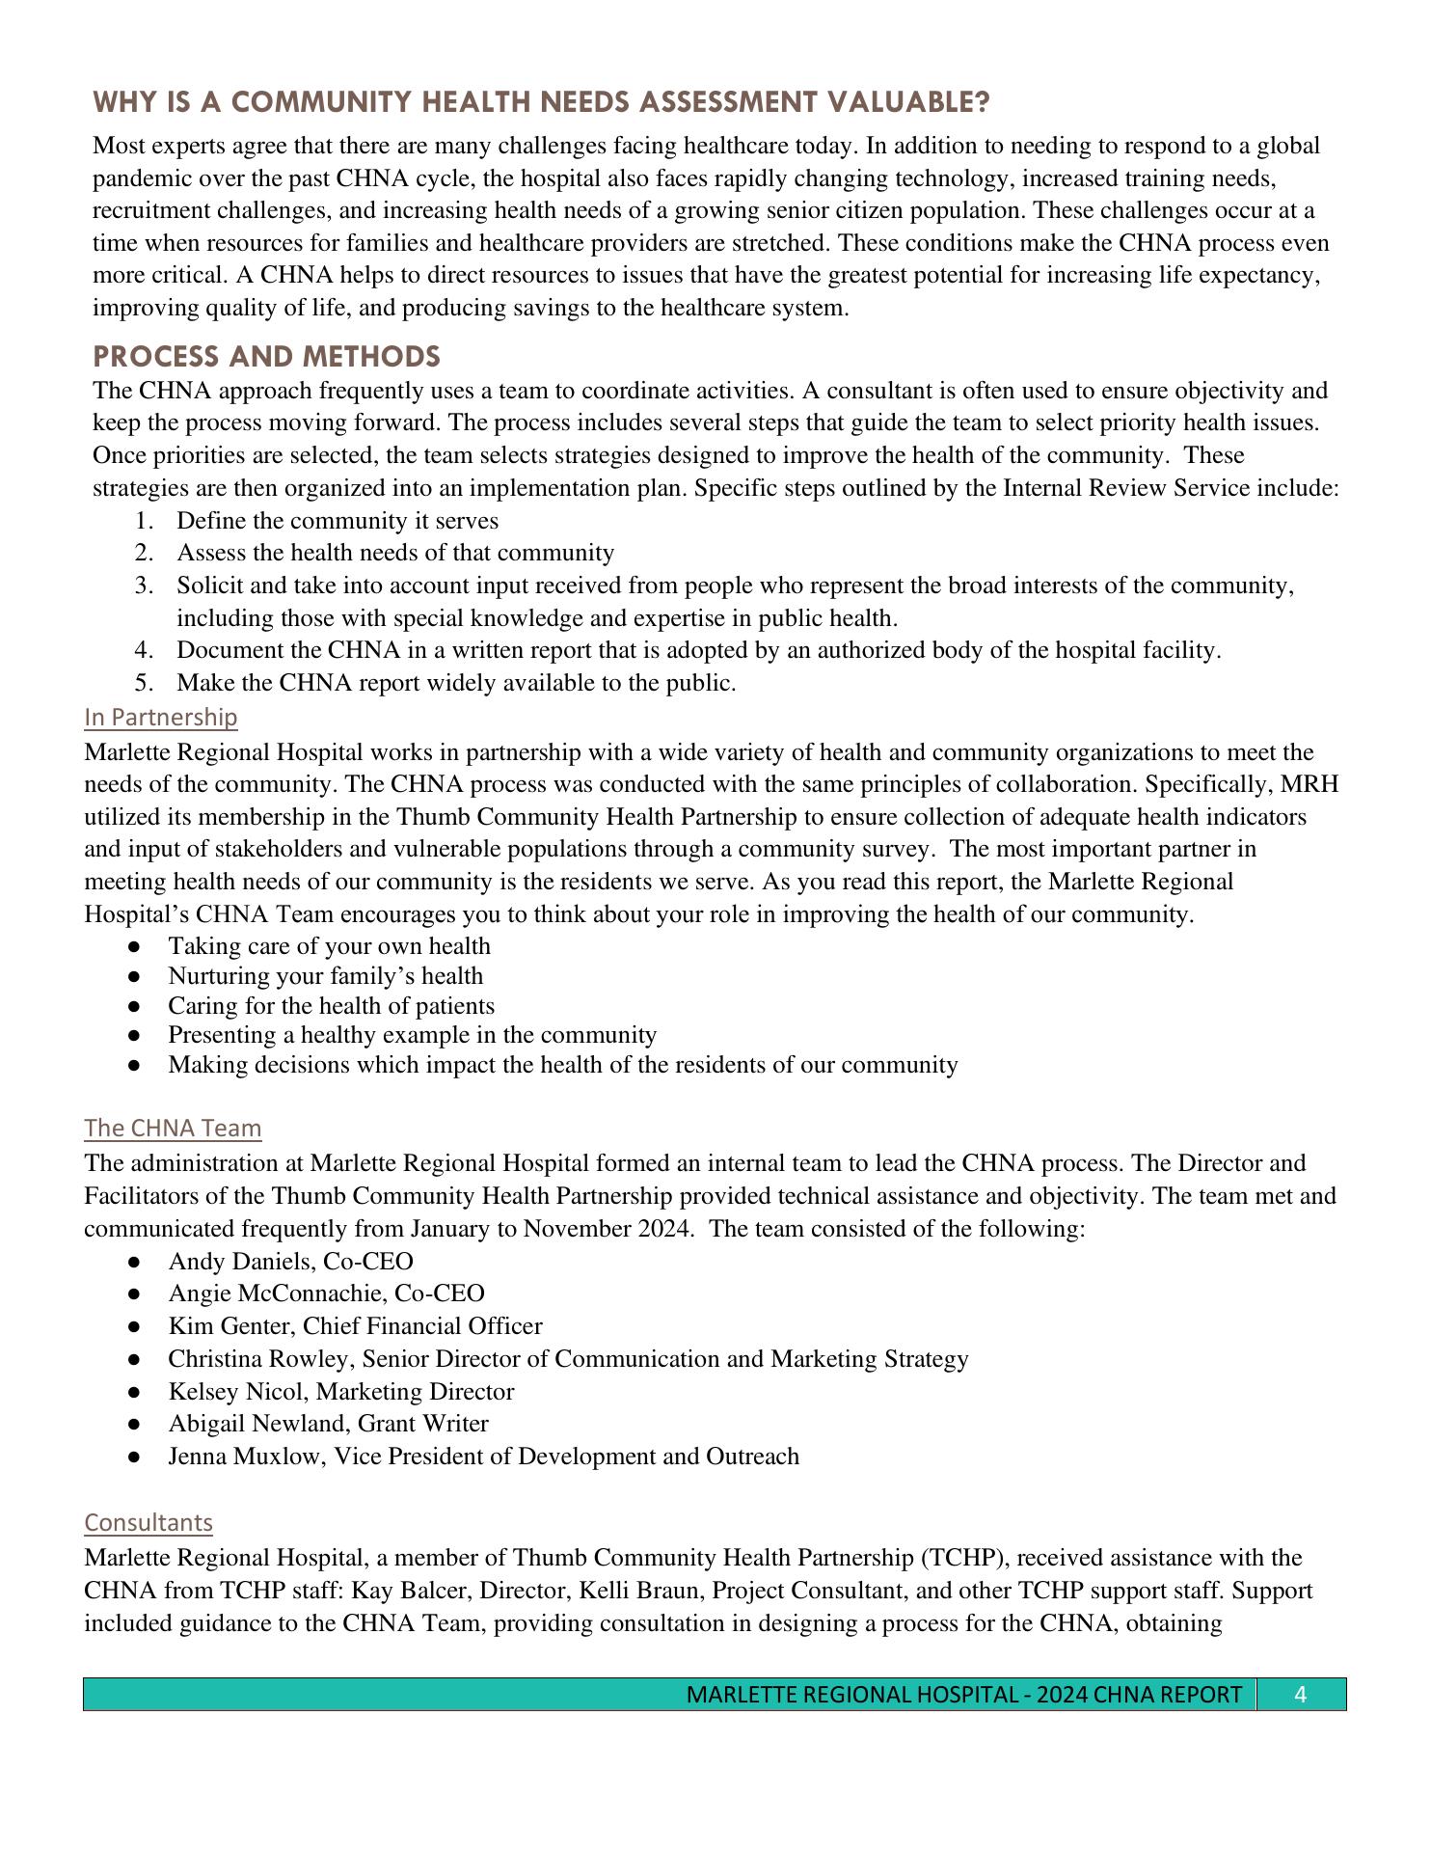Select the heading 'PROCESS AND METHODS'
click(x=266, y=357)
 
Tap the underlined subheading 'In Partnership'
click(x=160, y=717)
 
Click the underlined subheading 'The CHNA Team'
click(x=173, y=1128)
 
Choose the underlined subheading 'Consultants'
click(x=148, y=1522)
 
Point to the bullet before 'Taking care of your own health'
click(x=135, y=947)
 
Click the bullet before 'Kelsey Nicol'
click(x=135, y=1392)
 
